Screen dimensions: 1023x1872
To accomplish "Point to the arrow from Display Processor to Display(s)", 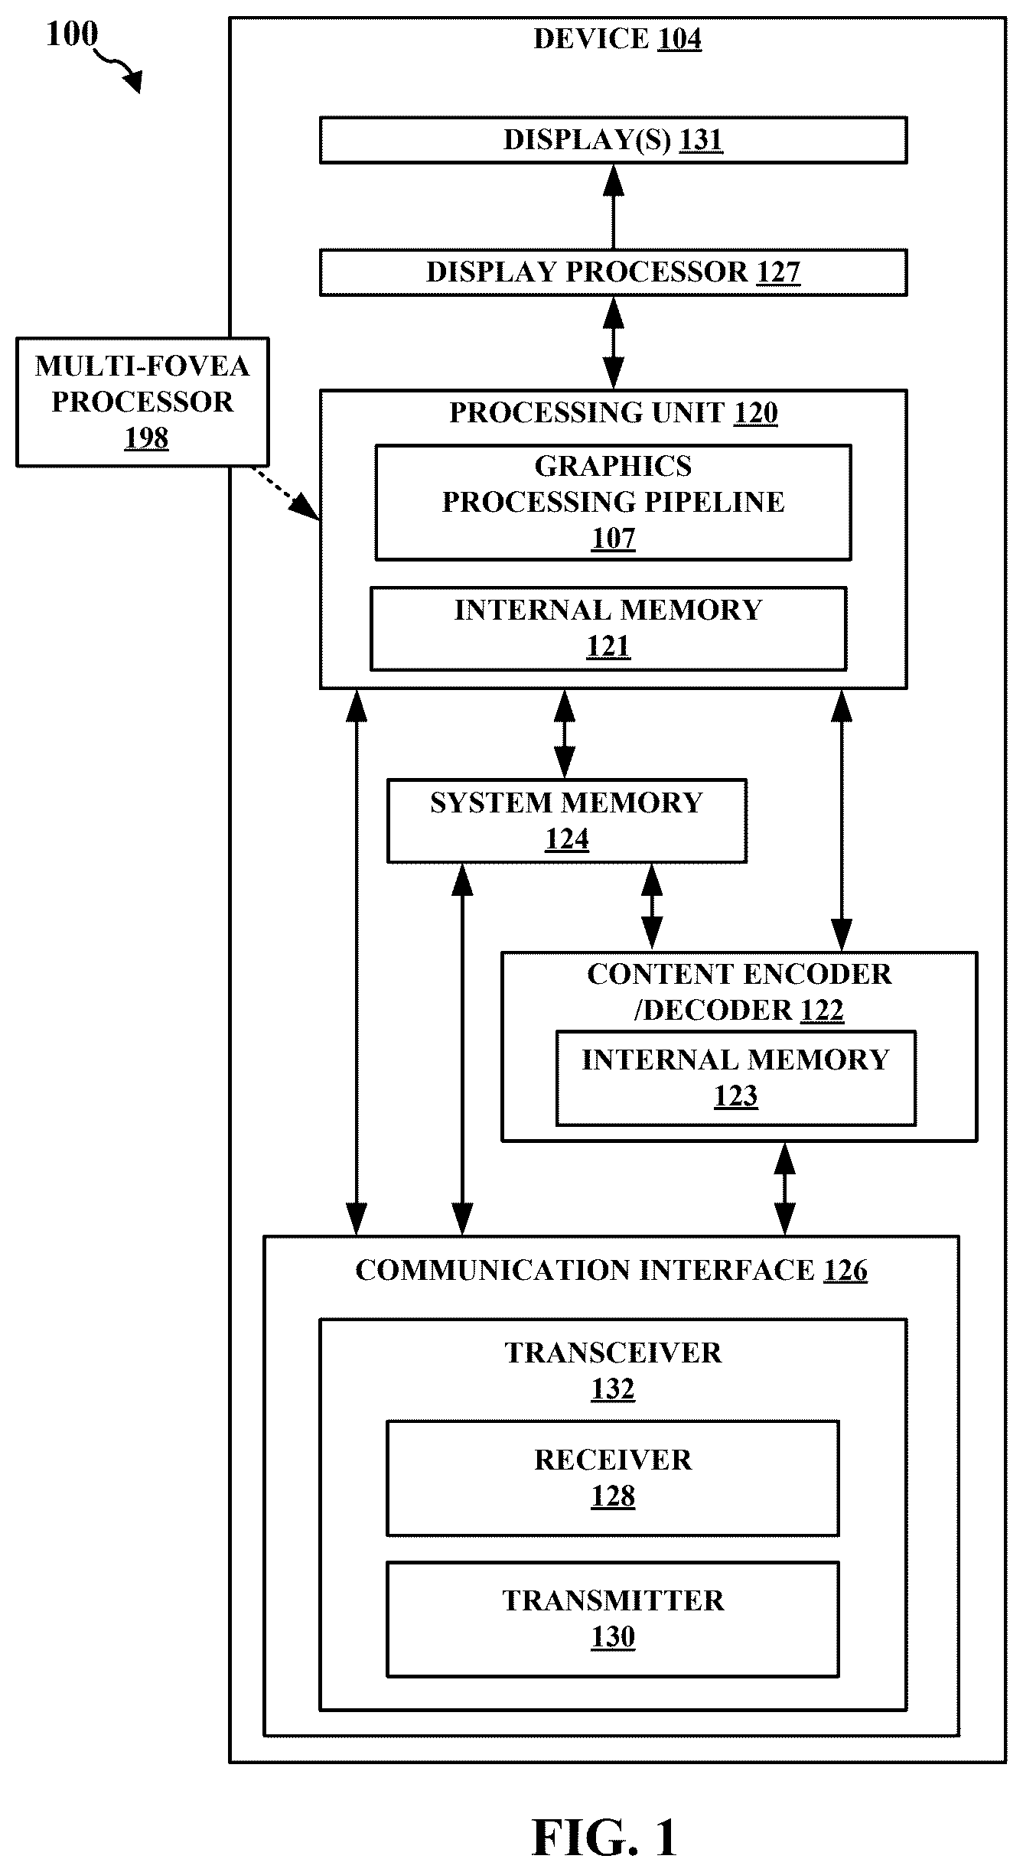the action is pos(613,206).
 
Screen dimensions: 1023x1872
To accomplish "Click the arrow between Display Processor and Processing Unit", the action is pos(613,343).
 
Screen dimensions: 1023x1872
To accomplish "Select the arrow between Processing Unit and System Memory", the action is pos(565,734).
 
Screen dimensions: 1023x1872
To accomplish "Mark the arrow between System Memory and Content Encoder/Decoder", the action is pos(652,907).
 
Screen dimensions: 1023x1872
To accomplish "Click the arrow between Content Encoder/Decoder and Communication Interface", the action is pos(785,1188).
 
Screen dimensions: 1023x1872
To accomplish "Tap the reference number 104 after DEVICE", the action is pos(679,39).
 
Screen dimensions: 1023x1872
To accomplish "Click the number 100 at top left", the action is pos(72,34).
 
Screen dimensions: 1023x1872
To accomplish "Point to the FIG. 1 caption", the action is pos(605,1838).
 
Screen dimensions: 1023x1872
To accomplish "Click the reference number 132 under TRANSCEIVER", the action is pos(613,1389).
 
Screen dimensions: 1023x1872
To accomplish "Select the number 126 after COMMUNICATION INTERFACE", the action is pos(845,1270).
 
